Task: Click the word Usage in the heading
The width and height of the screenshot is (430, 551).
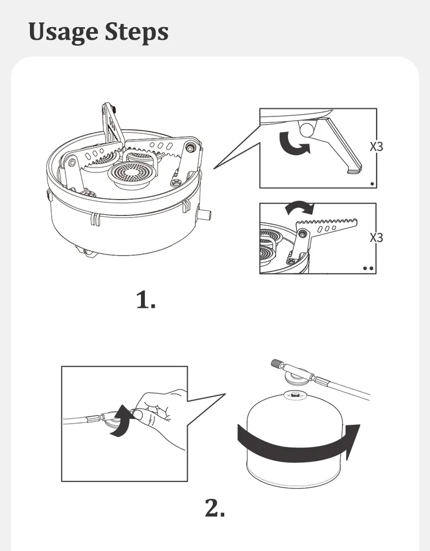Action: (64, 32)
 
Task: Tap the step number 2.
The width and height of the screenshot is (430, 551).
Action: (214, 508)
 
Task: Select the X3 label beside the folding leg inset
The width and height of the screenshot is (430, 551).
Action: (376, 146)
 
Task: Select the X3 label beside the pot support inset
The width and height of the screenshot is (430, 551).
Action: (376, 238)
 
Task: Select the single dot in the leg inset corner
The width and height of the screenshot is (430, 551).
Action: (372, 183)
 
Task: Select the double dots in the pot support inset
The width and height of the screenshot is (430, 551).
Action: (368, 269)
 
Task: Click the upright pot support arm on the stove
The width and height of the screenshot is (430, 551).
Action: (113, 123)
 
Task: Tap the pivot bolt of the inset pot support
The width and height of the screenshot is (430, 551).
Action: (302, 233)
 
